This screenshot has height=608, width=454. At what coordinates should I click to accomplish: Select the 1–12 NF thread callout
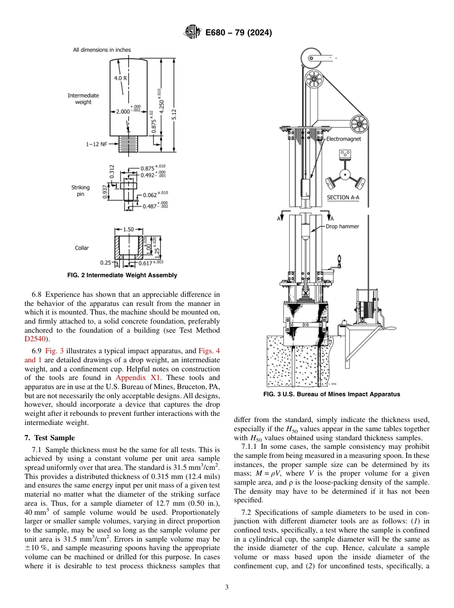97,143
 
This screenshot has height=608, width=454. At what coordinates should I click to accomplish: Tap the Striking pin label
80,191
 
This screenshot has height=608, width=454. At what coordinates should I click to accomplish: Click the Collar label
82,248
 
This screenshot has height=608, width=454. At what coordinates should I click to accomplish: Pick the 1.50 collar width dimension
128,229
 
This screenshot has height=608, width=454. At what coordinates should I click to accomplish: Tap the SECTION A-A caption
344,197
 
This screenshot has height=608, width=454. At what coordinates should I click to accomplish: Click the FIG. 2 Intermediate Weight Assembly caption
122,275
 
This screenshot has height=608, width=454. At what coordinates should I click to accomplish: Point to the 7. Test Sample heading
49,438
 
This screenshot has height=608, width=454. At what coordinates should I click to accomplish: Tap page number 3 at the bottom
227,587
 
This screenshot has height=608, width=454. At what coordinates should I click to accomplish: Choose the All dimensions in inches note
102,50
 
